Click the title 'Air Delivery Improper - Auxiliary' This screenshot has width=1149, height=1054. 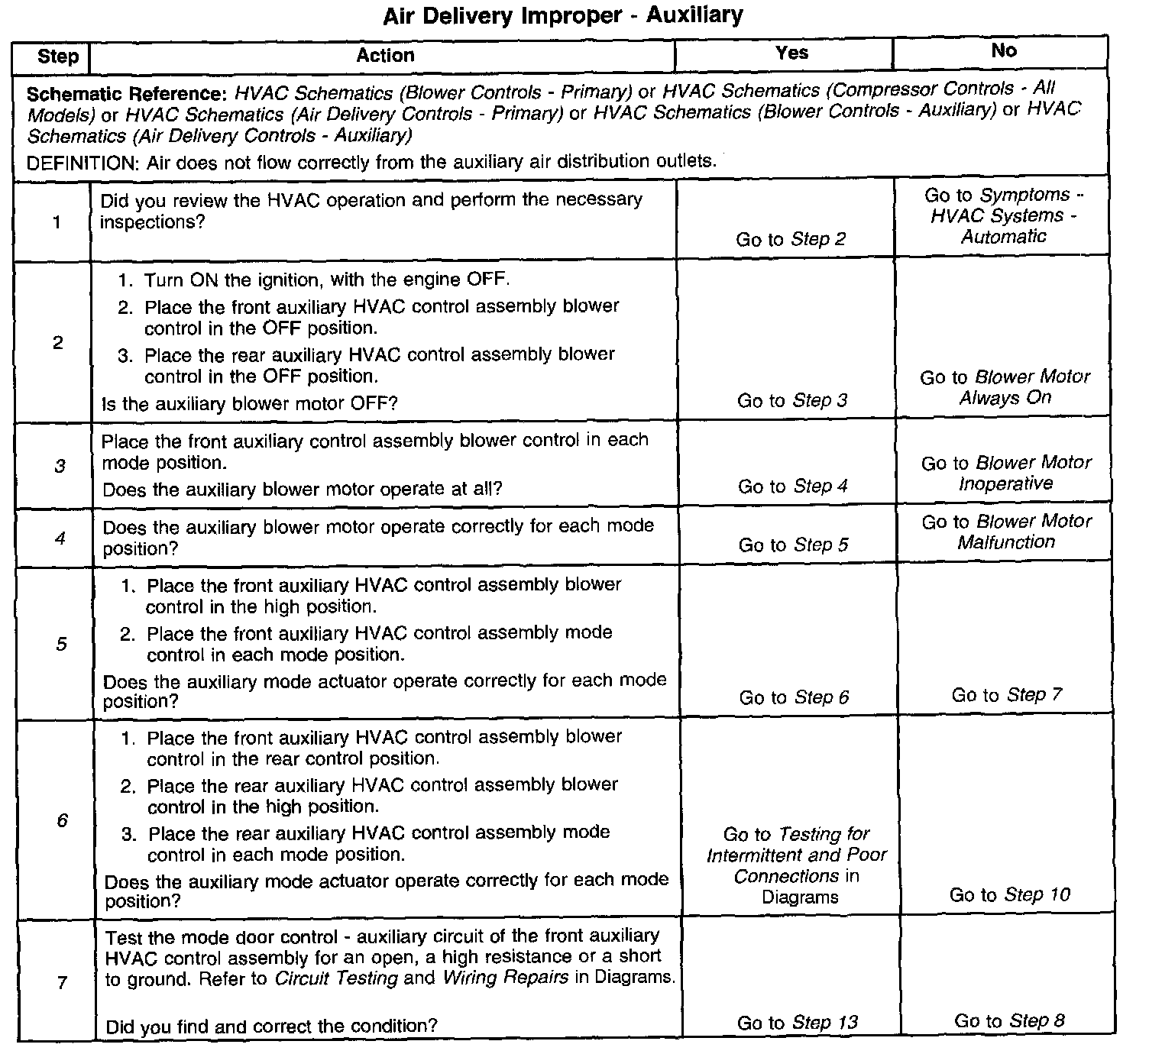(x=563, y=16)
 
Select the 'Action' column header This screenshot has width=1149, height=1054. (x=385, y=55)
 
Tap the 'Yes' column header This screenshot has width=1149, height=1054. (x=791, y=53)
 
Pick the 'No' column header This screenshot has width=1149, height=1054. (x=1004, y=50)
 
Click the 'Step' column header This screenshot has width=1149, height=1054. (x=58, y=57)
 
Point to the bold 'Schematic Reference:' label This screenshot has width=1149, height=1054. (x=127, y=95)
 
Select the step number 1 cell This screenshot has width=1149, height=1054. (x=57, y=222)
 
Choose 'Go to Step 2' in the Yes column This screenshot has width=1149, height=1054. (x=791, y=239)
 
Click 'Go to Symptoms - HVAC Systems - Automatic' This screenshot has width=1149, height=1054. (x=1003, y=215)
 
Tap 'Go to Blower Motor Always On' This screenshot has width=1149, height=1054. (x=1005, y=387)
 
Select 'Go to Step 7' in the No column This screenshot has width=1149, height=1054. (x=1006, y=694)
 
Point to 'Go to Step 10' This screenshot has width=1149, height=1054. (x=1009, y=894)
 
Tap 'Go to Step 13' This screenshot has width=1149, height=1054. (x=797, y=1022)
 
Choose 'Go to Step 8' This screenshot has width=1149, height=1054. (x=1009, y=1020)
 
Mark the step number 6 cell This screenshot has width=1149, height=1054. (x=62, y=820)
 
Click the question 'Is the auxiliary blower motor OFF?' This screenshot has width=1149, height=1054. (x=250, y=403)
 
